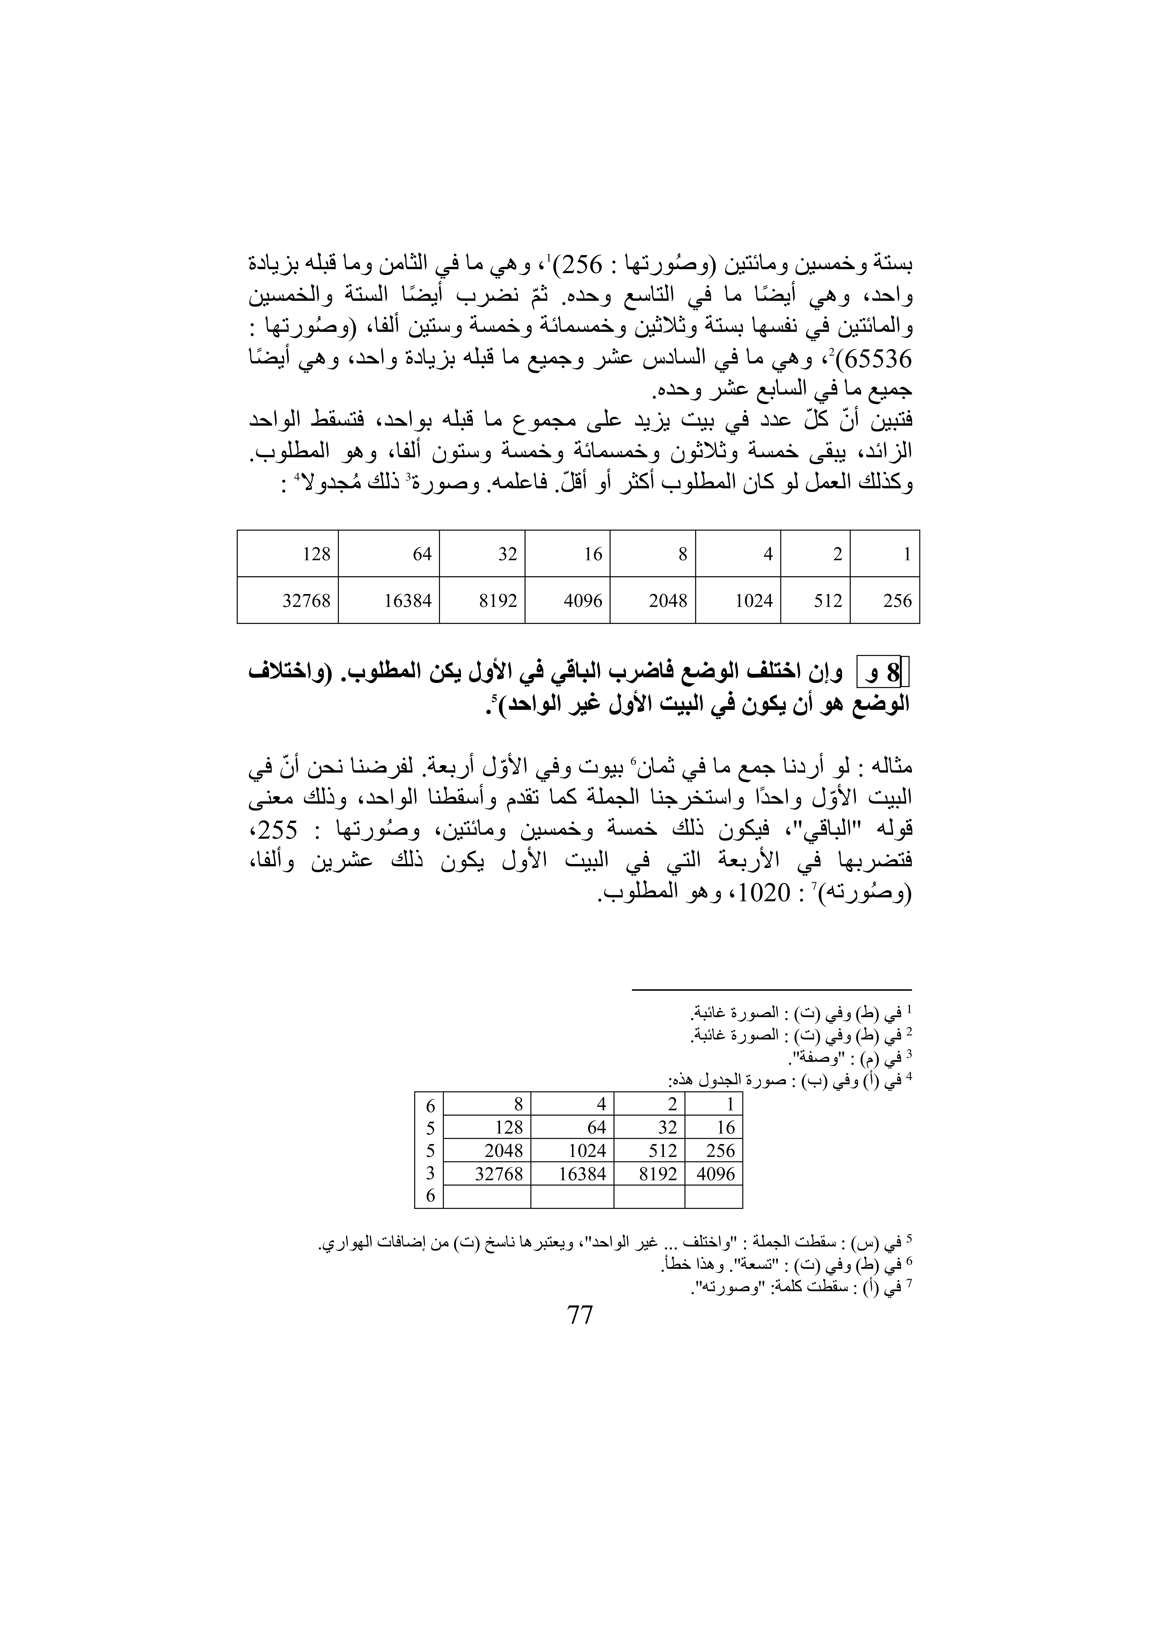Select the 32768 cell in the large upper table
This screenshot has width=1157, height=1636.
point(288,601)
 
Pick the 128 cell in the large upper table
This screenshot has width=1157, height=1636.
point(288,554)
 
